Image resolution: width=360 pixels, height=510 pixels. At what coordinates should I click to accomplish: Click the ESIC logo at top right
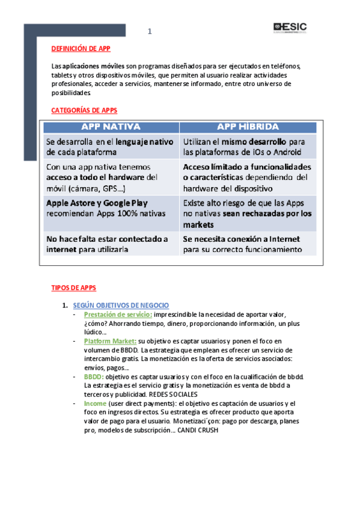coord(290,27)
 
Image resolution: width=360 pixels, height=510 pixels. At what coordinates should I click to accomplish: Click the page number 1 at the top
coord(150,32)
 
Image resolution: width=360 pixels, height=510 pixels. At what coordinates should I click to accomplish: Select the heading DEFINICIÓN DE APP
coord(81,49)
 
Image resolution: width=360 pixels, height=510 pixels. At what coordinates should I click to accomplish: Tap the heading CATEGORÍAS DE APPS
coord(84,111)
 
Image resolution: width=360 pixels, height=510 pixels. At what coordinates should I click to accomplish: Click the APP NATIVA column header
coord(111,127)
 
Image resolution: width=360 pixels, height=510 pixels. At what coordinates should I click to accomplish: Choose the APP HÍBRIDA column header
coord(248,127)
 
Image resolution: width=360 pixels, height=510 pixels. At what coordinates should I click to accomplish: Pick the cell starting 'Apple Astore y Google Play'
coord(111,208)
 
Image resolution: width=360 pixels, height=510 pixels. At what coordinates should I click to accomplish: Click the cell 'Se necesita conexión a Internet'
coord(248,244)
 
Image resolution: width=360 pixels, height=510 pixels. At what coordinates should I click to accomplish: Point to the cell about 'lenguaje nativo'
coord(111,147)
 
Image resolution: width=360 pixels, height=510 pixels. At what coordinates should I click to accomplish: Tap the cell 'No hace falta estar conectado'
coord(111,244)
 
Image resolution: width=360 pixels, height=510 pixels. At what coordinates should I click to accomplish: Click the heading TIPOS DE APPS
coord(74,288)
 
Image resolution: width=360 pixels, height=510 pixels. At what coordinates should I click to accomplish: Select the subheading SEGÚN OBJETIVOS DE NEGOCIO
coord(121,306)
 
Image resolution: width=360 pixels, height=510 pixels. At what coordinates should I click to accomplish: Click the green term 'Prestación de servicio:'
coord(118,315)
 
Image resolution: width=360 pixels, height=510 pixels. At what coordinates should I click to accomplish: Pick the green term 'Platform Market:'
coord(110,341)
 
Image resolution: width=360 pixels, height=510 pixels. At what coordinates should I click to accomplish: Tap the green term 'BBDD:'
coord(94,376)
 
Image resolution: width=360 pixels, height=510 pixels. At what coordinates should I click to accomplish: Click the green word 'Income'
coord(95,404)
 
